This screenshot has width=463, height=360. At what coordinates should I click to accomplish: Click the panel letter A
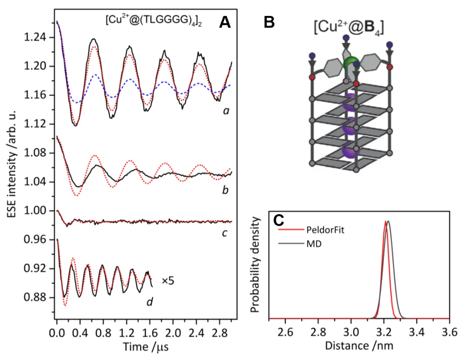(x=225, y=22)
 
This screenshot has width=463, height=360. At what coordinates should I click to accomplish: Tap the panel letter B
(x=269, y=22)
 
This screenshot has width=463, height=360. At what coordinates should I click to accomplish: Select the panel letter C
(x=279, y=220)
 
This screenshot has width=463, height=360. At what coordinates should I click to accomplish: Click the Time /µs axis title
(x=146, y=346)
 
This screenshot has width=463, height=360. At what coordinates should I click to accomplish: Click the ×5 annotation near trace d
(x=168, y=281)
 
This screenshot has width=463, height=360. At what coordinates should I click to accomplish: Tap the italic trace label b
(x=225, y=190)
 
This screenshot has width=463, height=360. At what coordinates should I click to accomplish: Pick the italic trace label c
(x=225, y=233)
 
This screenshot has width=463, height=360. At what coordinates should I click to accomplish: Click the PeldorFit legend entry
(x=325, y=230)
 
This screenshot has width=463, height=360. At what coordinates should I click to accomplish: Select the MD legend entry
(x=314, y=244)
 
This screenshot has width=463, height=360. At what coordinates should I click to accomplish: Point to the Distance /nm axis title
(x=359, y=345)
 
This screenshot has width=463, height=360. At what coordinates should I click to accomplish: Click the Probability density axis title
(x=255, y=265)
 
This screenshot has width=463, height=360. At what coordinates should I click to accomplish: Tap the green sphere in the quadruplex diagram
(x=351, y=65)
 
